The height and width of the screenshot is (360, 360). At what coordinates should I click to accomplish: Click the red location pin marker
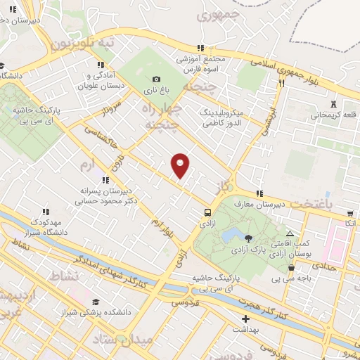pyautogui.click(x=181, y=165)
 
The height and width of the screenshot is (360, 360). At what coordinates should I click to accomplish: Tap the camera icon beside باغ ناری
pyautogui.click(x=156, y=79)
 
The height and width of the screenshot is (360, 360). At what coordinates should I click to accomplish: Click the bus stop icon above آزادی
pyautogui.click(x=207, y=212)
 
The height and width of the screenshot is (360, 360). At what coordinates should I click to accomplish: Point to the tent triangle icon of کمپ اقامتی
pyautogui.click(x=290, y=233)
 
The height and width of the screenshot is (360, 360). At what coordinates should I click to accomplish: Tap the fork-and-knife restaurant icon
pyautogui.click(x=281, y=83)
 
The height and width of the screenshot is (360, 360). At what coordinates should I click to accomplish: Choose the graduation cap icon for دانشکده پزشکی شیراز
pyautogui.click(x=94, y=301)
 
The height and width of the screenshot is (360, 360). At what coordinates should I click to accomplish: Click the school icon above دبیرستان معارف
pyautogui.click(x=259, y=193)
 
